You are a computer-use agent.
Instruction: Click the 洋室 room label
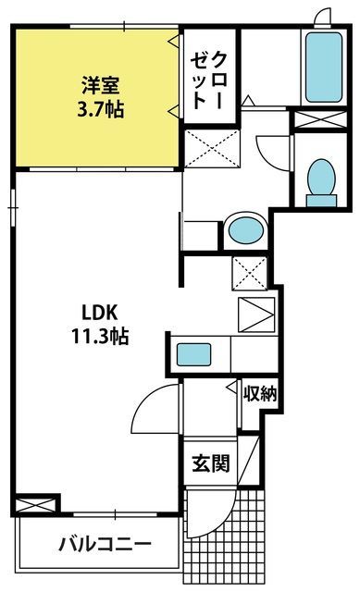(101, 85)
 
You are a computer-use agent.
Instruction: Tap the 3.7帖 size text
(101, 109)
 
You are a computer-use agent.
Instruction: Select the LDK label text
(100, 313)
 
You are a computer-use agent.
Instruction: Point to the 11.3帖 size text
(100, 336)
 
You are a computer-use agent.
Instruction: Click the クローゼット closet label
(209, 80)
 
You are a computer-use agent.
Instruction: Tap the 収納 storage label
(260, 394)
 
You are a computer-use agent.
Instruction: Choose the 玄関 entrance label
(211, 463)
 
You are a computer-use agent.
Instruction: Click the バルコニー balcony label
(106, 544)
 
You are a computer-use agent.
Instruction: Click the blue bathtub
(324, 68)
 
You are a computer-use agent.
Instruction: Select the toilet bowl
(321, 182)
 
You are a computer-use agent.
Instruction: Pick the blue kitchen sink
(193, 354)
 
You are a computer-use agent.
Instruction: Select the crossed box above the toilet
(320, 119)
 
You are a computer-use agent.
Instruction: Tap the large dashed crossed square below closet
(212, 148)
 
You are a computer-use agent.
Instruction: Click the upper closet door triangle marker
(173, 41)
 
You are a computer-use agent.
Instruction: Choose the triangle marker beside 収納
(231, 388)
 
